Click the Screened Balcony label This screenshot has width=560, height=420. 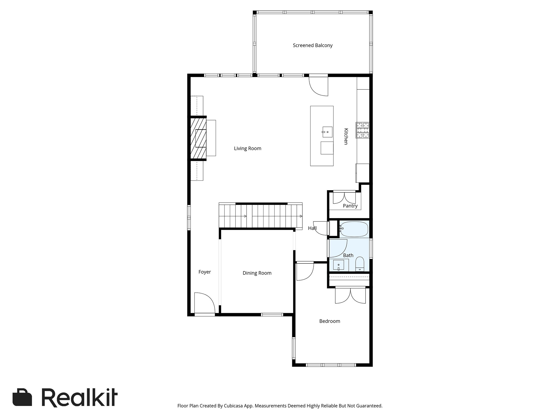click(313, 45)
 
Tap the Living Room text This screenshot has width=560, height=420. click(247, 148)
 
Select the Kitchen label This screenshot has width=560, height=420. click(346, 136)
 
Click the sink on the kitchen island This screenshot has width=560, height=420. click(327, 132)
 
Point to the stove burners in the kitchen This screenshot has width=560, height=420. click(362, 130)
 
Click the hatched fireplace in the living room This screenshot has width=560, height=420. click(198, 138)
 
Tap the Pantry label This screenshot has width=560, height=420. click(350, 206)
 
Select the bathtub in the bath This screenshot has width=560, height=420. click(354, 229)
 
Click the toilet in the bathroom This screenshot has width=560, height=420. click(360, 264)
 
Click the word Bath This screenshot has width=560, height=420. click(348, 255)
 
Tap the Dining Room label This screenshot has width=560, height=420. click(257, 273)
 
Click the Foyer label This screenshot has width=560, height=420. click(205, 272)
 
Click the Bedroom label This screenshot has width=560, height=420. click(330, 321)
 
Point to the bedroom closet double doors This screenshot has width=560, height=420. click(350, 295)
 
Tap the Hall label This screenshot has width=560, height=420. click(312, 228)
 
